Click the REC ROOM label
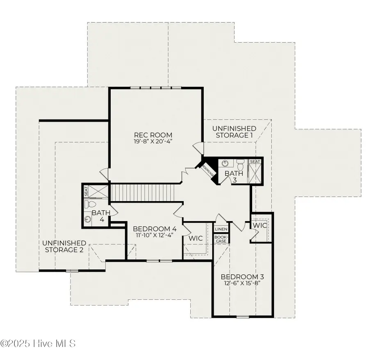tap(153, 135)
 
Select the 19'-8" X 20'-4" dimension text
tap(153, 142)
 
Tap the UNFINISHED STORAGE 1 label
tap(234, 132)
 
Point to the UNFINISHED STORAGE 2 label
tap(64, 246)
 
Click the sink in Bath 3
tap(225, 163)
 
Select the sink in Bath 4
tap(88, 220)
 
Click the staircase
tap(143, 192)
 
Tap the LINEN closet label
tap(221, 229)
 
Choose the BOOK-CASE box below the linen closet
tap(221, 239)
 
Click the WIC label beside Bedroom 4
tap(195, 238)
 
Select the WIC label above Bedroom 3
tap(260, 226)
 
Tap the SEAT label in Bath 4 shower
tap(87, 192)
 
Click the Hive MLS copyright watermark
tap(38, 343)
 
